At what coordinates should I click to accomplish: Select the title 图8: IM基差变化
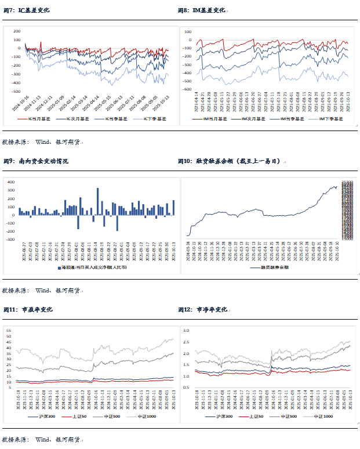coord(201,10)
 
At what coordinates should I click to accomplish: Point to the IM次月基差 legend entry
coord(250,118)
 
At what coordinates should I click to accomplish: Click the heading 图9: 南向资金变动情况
coord(36,161)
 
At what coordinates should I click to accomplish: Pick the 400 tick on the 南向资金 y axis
coord(11,182)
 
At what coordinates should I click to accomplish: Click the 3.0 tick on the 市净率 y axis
coord(187,330)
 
